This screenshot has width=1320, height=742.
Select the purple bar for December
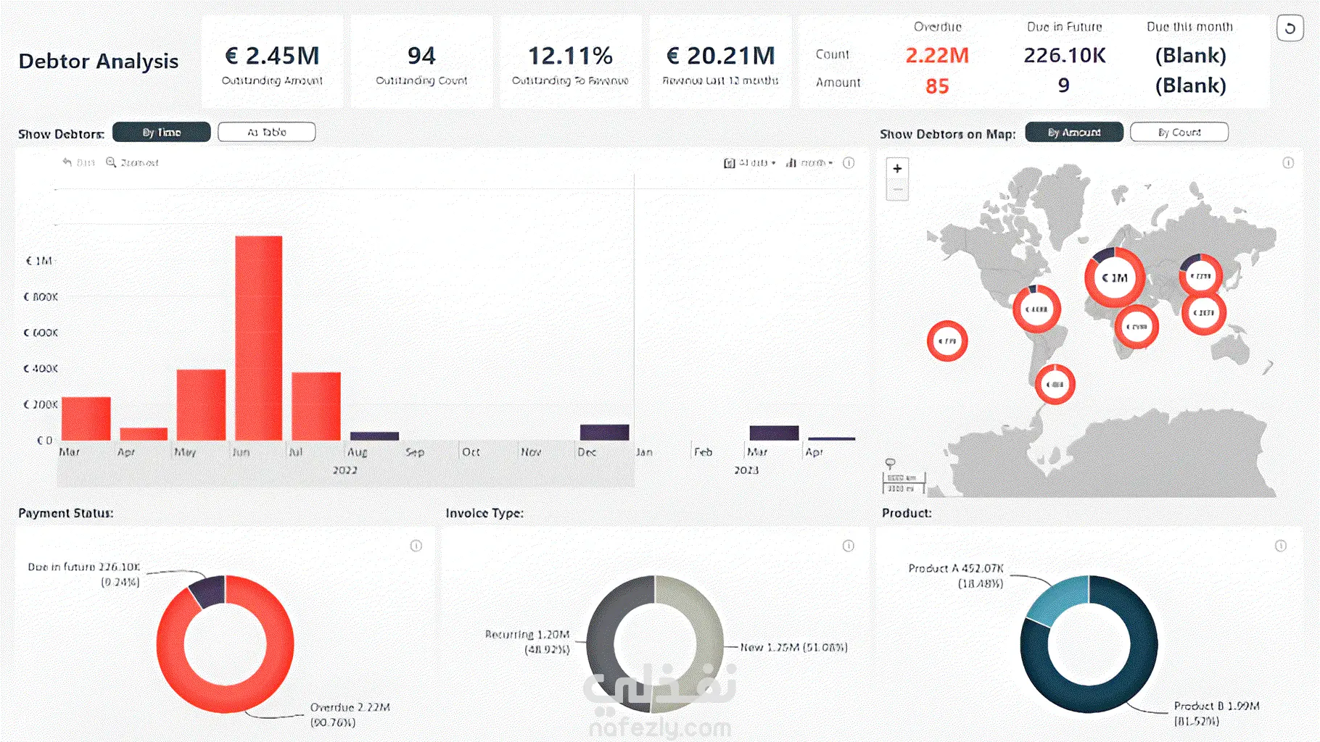click(x=604, y=432)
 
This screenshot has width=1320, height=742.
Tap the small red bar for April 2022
click(x=144, y=433)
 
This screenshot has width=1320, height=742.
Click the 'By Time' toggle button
click(x=162, y=132)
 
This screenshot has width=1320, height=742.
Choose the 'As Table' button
click(x=266, y=132)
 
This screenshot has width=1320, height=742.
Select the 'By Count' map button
click(x=1179, y=132)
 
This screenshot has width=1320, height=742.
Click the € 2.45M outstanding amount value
click(x=272, y=56)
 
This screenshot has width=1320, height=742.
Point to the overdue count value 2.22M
click(x=937, y=55)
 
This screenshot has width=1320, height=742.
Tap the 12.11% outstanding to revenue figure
click(x=570, y=56)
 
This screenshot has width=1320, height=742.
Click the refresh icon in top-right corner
click(x=1290, y=28)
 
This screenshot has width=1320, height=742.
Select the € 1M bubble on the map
click(x=1115, y=278)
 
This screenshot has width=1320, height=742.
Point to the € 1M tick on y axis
click(x=39, y=261)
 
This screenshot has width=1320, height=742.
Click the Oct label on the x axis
click(x=471, y=452)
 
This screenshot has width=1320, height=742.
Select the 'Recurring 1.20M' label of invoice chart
click(x=527, y=635)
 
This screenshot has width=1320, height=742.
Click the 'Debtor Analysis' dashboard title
click(x=99, y=61)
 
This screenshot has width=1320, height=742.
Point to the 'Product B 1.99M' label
click(x=1216, y=706)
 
